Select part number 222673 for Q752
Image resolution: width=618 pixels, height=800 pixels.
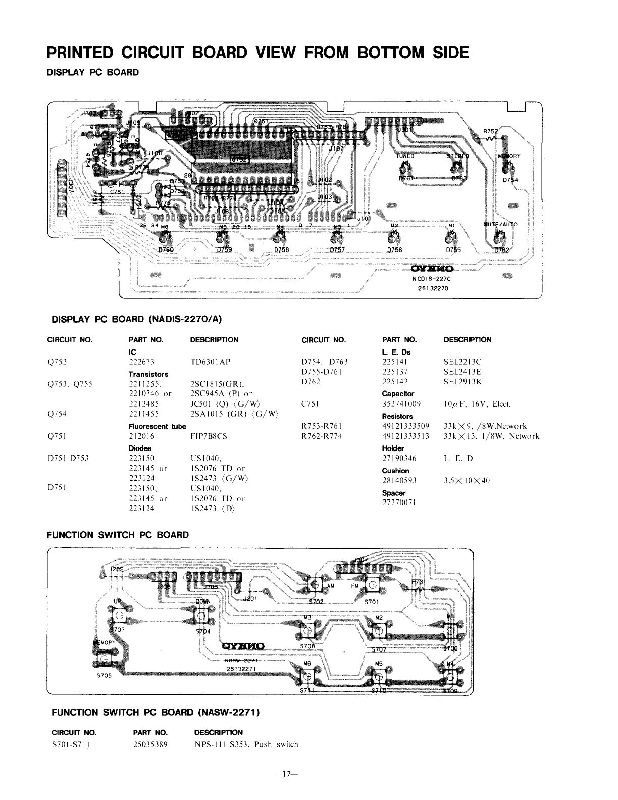click(142, 362)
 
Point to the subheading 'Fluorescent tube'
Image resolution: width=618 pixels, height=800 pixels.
click(157, 426)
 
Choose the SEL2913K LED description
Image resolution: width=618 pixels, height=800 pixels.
click(462, 382)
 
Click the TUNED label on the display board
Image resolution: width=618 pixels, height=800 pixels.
click(404, 156)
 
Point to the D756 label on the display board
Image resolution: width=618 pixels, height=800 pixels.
click(395, 250)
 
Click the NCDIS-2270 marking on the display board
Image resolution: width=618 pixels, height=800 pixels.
click(431, 279)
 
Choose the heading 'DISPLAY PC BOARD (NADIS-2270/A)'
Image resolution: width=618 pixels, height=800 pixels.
click(137, 319)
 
